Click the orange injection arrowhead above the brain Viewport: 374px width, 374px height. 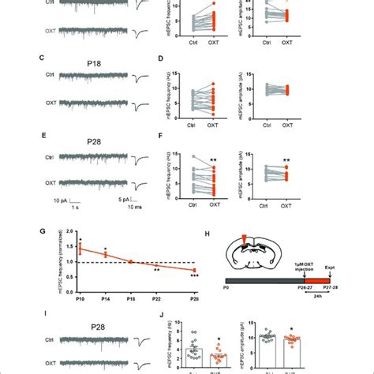click(x=252, y=238)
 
